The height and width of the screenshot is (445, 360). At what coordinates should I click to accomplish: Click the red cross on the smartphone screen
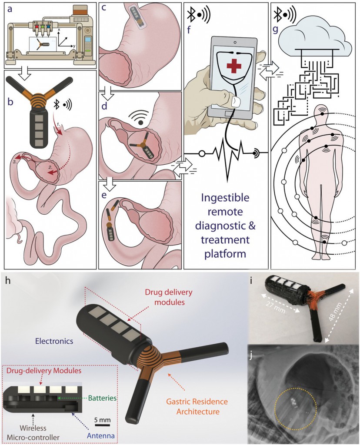click(236, 67)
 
